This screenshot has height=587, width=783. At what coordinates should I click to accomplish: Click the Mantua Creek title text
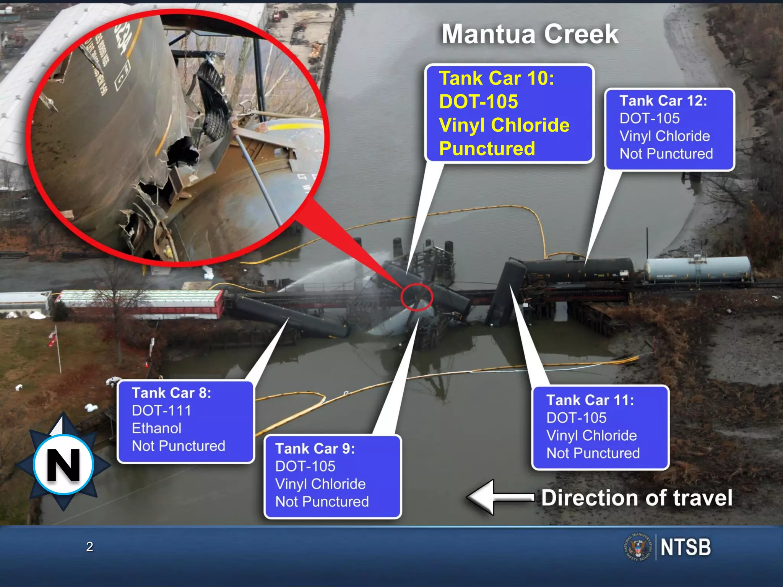[x=530, y=34]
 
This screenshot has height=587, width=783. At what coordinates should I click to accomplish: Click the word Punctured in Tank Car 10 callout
[x=487, y=149]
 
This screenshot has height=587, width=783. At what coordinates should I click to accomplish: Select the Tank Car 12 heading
[x=663, y=101]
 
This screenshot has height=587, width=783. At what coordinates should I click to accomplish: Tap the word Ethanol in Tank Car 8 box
[x=156, y=428]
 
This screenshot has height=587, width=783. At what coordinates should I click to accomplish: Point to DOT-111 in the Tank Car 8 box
[x=161, y=411]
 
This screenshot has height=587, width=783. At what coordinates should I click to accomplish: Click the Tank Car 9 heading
[x=315, y=449]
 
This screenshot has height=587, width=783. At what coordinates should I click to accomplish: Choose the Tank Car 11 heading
[x=590, y=401]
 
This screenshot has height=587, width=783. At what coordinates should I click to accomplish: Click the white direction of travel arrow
[x=497, y=497]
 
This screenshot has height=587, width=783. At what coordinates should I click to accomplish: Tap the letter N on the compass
[x=63, y=465]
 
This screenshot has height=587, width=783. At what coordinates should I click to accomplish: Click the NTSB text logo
[x=686, y=547]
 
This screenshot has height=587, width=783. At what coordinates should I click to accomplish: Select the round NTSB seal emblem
[x=638, y=548]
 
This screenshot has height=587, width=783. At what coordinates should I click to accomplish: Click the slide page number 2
[x=89, y=547]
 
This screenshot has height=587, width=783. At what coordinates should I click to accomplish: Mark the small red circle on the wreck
[x=416, y=297]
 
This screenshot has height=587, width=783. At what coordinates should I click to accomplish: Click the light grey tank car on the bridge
[x=698, y=269]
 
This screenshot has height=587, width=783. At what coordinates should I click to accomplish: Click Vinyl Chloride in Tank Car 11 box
[x=591, y=436]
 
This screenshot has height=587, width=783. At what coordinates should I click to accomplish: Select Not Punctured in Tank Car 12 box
[x=666, y=154]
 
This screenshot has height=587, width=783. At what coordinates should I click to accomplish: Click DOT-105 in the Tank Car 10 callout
[x=478, y=102]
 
